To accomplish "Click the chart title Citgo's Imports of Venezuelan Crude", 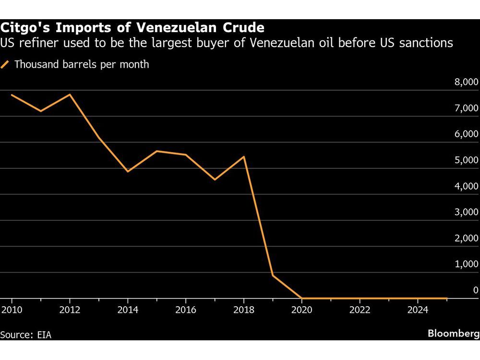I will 132,26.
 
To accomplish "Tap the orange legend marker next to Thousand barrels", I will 6,64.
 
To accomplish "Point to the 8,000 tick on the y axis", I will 466,82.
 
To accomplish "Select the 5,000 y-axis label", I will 466,160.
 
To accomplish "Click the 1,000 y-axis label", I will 466,264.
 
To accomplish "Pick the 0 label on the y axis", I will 475,290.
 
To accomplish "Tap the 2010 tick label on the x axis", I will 11,310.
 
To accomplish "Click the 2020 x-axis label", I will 301,310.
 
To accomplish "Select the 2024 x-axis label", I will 418,310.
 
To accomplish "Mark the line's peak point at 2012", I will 70,95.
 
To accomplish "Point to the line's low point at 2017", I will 215,180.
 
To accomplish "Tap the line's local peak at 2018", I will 244,157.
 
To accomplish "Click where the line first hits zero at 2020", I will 302,298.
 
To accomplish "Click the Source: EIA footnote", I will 26,335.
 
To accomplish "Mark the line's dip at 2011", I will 41,111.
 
